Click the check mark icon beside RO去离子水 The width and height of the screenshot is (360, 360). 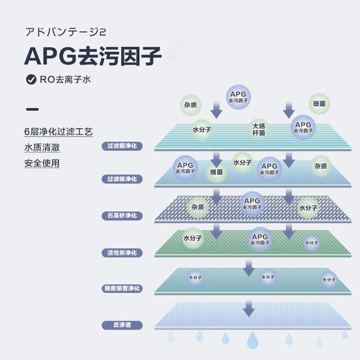click(30, 79)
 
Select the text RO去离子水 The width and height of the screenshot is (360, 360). click(66, 79)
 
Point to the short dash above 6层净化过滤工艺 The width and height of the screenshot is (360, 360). click(31, 109)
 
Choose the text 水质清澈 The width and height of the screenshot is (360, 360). click(42, 148)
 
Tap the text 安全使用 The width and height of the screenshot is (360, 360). click(42, 164)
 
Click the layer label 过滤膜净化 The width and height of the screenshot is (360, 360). click(123, 146)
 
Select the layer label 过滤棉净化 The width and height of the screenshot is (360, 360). click(123, 179)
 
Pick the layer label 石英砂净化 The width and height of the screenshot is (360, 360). click(123, 216)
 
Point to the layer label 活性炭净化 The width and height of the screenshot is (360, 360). click(123, 252)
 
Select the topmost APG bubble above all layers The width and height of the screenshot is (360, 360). click(240, 96)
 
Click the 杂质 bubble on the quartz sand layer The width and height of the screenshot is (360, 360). click(198, 206)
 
